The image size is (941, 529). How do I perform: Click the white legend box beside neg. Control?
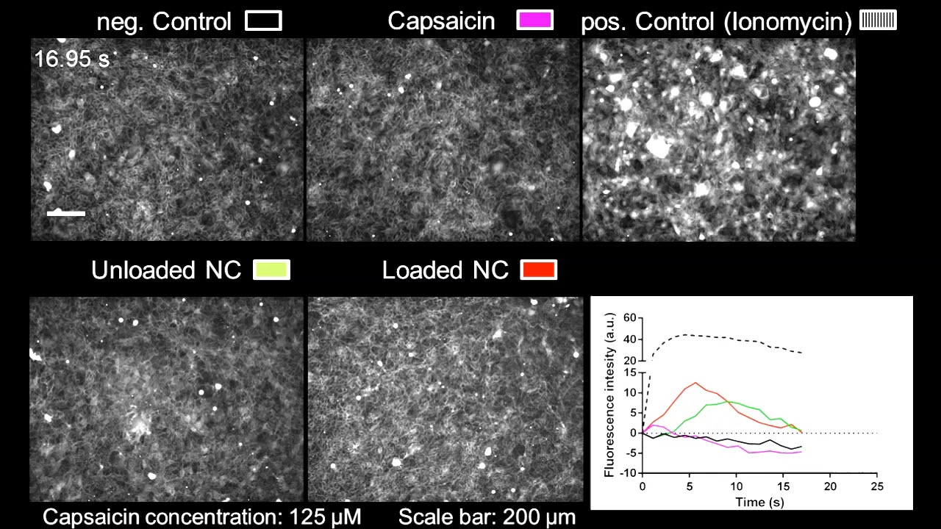(263, 21)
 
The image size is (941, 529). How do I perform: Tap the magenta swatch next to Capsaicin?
(534, 21)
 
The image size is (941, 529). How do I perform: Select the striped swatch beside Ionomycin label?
(879, 21)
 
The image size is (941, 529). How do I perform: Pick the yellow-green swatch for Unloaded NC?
(271, 270)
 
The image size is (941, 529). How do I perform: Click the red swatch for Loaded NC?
(538, 270)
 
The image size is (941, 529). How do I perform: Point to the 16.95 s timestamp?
(71, 59)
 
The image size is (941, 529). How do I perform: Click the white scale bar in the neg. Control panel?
(66, 214)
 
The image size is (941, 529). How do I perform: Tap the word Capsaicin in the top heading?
(441, 21)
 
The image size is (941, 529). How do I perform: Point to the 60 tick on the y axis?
(629, 318)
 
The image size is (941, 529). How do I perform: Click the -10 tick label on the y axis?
(626, 472)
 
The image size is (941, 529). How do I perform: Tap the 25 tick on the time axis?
(876, 487)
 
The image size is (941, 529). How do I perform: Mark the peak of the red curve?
(695, 383)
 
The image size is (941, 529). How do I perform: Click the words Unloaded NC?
(166, 270)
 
